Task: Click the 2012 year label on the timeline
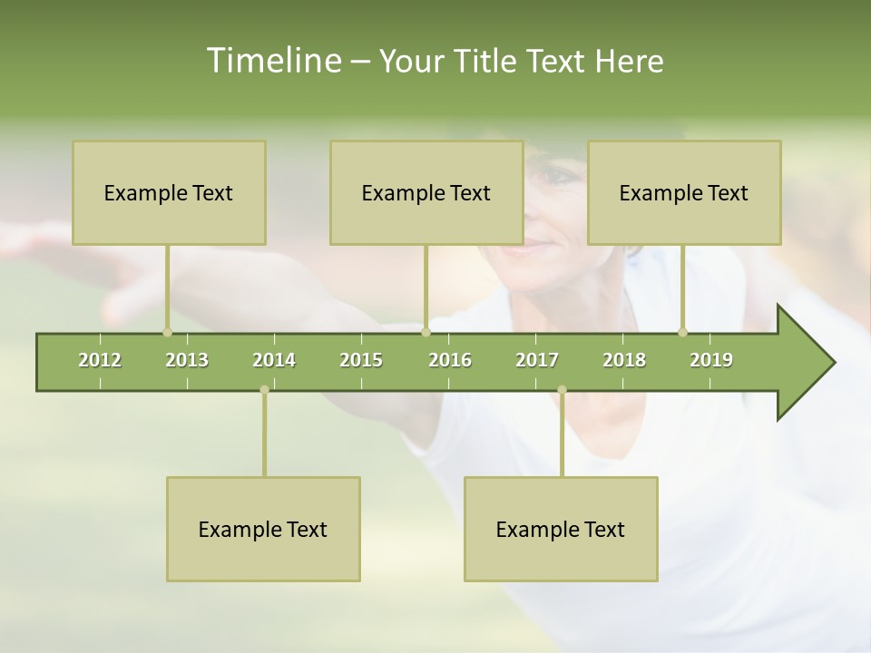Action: tap(100, 360)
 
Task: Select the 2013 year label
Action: tap(187, 360)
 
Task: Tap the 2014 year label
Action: tap(274, 360)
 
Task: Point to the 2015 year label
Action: tap(361, 360)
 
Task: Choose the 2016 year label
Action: tap(450, 360)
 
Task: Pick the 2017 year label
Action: tap(537, 360)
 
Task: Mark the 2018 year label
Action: tap(624, 360)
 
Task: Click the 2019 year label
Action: tap(711, 360)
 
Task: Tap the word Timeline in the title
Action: tap(272, 61)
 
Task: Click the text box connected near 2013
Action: tap(169, 192)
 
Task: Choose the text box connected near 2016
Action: tap(426, 192)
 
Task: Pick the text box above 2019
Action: tap(684, 192)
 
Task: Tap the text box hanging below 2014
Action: tap(263, 529)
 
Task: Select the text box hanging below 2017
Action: tap(561, 529)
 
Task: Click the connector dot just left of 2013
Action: tap(167, 333)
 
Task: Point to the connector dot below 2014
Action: tap(264, 390)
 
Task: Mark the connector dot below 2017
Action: tap(562, 390)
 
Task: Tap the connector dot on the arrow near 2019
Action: tap(682, 333)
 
